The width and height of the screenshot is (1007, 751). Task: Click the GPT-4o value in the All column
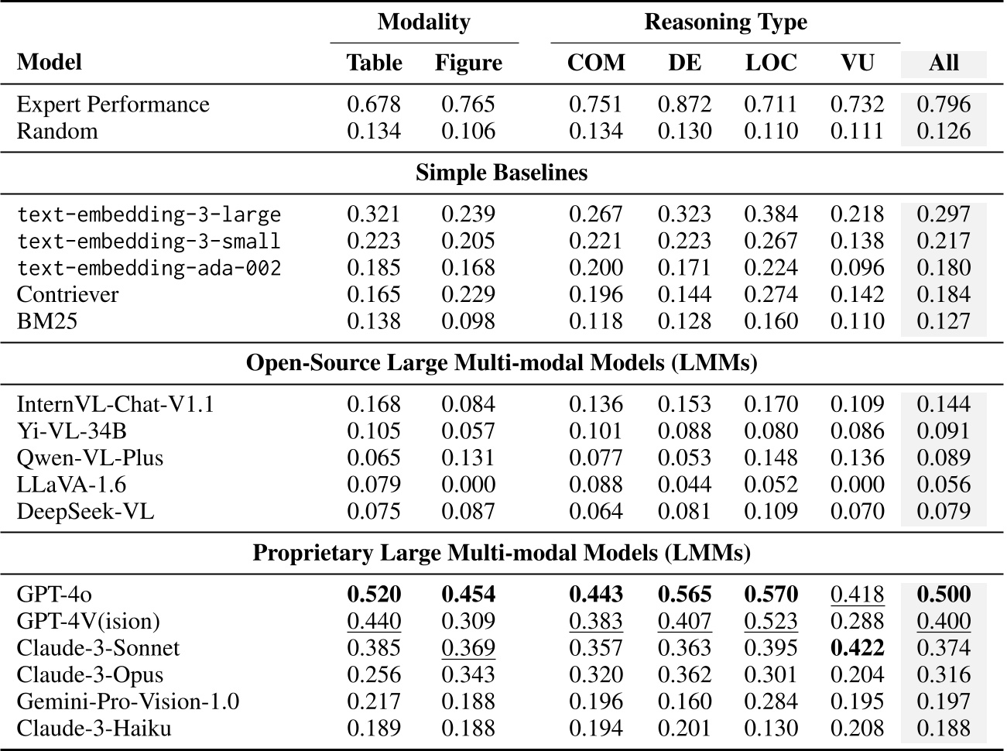pos(943,595)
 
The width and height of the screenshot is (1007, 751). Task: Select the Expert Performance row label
pos(113,105)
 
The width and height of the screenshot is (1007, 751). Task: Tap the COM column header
pos(595,63)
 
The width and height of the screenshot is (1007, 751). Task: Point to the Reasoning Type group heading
pos(725,22)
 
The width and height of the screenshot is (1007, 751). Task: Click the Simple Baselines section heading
pos(502,172)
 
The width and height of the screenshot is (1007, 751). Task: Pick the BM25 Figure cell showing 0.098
pos(468,321)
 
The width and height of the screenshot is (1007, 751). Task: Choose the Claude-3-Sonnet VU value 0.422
pos(857,648)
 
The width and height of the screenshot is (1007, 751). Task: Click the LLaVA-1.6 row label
pos(71,485)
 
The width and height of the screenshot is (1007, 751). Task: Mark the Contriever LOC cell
pos(770,295)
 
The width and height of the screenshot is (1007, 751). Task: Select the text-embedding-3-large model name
pos(149,214)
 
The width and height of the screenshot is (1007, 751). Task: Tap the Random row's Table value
pos(374,131)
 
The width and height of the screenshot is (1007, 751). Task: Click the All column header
pos(943,63)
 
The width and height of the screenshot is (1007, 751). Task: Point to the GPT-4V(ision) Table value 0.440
pos(374,621)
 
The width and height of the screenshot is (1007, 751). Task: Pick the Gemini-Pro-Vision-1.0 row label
pos(128,701)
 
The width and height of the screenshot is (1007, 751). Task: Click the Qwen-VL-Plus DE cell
pos(684,458)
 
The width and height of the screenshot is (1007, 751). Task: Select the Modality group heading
pos(423,22)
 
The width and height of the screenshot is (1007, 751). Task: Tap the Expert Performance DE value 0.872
pos(684,105)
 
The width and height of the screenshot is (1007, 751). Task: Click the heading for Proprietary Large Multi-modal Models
pos(502,554)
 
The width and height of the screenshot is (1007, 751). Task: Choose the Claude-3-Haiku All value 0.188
pos(943,729)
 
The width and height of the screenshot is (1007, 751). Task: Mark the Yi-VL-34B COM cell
pos(595,431)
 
